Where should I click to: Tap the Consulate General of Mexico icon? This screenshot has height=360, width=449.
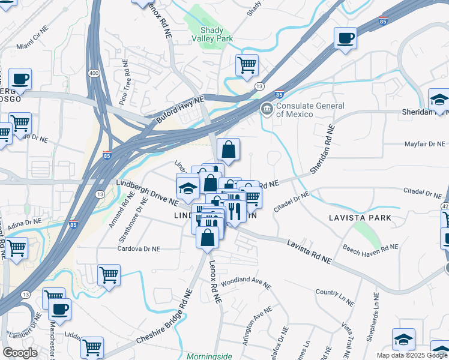tap(266, 109)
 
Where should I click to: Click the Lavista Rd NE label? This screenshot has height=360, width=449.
tap(309, 250)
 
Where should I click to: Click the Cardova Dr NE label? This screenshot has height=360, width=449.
tap(139, 248)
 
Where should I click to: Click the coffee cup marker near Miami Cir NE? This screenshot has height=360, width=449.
tap(20, 79)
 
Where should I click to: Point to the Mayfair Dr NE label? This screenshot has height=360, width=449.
tap(424, 144)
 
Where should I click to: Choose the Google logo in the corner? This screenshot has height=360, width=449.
tap(20, 352)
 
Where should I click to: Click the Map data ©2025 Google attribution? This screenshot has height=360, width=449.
tap(411, 355)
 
